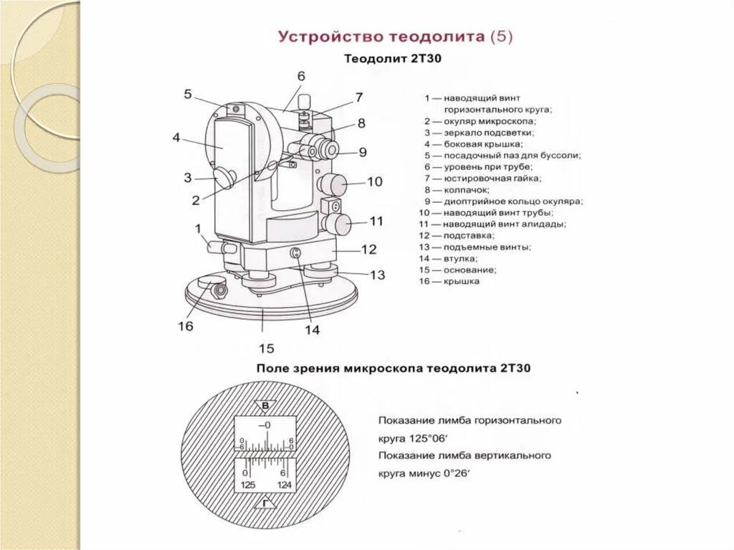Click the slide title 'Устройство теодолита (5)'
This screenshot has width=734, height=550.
point(395,37)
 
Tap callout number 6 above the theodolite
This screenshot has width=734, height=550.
point(301,76)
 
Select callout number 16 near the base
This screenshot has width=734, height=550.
point(185,326)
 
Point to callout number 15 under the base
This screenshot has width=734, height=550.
point(266,349)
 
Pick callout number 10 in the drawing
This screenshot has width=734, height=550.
point(375,181)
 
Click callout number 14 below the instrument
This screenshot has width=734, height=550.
point(313,330)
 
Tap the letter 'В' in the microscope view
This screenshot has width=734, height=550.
point(265,407)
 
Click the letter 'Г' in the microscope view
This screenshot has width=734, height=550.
point(265,504)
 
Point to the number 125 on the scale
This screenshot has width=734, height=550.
point(248,485)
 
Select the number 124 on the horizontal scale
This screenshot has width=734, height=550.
point(285,485)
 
